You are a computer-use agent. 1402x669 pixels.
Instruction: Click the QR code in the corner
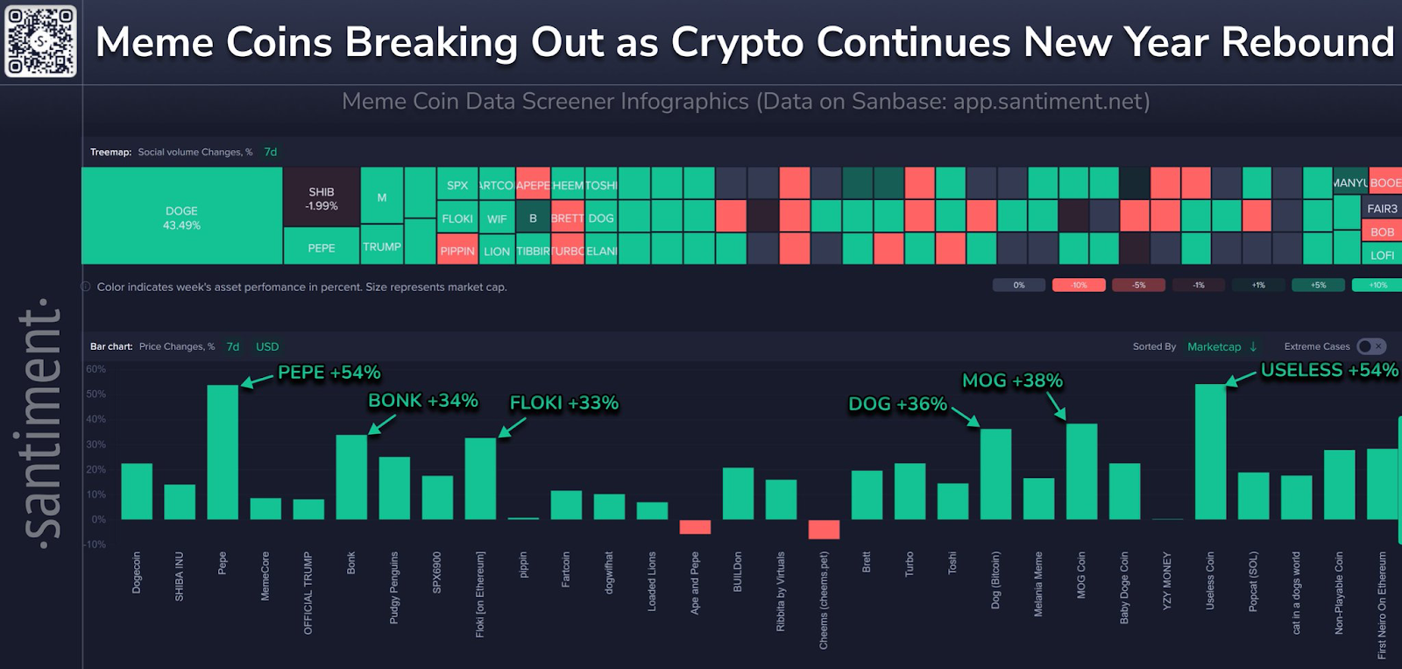(x=40, y=41)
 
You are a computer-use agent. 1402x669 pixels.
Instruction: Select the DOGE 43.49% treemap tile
(x=181, y=217)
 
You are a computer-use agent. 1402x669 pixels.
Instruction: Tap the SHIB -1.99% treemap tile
(x=322, y=198)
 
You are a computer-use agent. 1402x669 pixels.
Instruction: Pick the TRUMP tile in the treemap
(x=381, y=246)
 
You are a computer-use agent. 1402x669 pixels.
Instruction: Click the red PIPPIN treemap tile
(x=457, y=250)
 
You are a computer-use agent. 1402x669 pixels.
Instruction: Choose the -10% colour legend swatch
(x=1079, y=285)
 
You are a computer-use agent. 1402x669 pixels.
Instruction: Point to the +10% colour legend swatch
(x=1377, y=285)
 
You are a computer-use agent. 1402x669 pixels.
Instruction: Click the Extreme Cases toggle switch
(x=1371, y=346)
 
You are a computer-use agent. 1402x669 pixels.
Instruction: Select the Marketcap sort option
(x=1214, y=346)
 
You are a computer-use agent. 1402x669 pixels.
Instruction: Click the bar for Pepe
(x=223, y=452)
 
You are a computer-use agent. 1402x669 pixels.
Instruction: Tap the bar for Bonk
(x=351, y=477)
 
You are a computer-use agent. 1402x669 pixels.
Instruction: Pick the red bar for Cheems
(x=824, y=529)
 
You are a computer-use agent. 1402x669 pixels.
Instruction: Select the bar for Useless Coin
(x=1210, y=452)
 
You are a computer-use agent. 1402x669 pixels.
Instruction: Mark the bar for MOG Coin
(x=1081, y=472)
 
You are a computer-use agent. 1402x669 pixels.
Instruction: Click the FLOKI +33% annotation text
(x=564, y=403)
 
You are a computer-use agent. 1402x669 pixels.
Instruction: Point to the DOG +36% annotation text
(x=897, y=404)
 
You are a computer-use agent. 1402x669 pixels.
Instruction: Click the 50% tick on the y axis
(x=96, y=395)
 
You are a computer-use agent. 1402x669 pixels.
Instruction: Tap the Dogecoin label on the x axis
(x=137, y=573)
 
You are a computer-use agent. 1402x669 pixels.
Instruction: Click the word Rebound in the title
(x=1307, y=42)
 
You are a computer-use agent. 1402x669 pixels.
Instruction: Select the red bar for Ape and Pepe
(x=695, y=527)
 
